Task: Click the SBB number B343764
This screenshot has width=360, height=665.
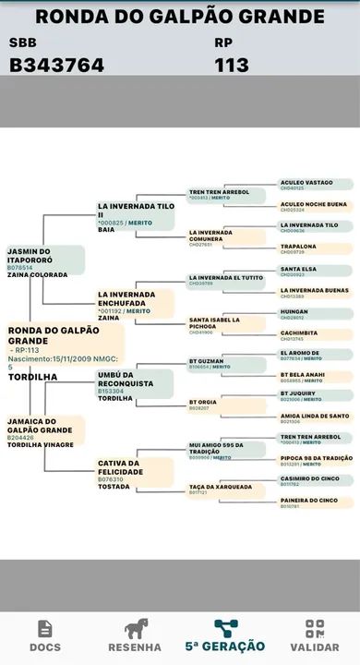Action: pyautogui.click(x=56, y=65)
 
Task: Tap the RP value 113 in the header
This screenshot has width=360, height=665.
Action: pyautogui.click(x=232, y=65)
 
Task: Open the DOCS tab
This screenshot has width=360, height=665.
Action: pyautogui.click(x=44, y=635)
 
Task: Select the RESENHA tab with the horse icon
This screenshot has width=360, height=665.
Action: pyautogui.click(x=136, y=635)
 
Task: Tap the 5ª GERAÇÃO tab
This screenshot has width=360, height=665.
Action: pyautogui.click(x=224, y=635)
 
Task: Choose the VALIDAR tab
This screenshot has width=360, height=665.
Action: pyautogui.click(x=315, y=635)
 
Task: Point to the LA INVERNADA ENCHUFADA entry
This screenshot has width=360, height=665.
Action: pyautogui.click(x=135, y=302)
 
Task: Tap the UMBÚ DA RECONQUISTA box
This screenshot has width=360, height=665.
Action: pyautogui.click(x=135, y=383)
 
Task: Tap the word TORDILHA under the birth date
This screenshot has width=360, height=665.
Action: pyautogui.click(x=32, y=377)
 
